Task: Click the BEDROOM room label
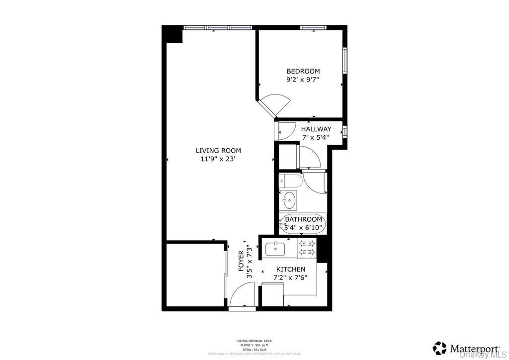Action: [303, 71]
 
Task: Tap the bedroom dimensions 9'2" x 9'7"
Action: [303, 80]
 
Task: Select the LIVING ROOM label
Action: [218, 151]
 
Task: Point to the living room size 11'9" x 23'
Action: [218, 160]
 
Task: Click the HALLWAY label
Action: [316, 129]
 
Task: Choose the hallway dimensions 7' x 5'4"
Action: [316, 138]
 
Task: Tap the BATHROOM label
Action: [304, 219]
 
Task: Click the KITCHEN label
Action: [291, 270]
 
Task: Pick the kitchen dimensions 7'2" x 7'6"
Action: [291, 278]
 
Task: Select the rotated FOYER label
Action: [241, 261]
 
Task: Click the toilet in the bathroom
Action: [289, 182]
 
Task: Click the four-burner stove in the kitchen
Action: [307, 248]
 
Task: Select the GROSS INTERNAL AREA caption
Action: [254, 341]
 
